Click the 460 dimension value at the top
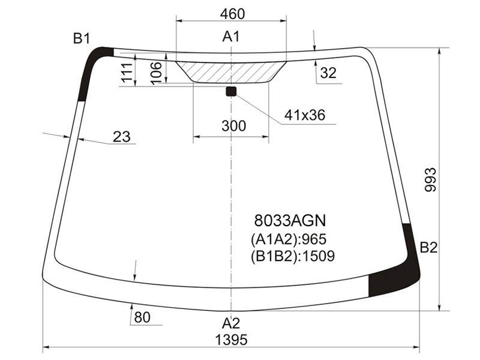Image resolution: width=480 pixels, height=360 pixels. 232,14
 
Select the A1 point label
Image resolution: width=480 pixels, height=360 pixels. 231,37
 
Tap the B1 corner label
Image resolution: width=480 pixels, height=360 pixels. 82,39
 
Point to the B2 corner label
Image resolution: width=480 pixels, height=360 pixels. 428,247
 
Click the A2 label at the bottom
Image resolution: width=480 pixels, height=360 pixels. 231,323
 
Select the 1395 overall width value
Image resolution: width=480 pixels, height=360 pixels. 231,340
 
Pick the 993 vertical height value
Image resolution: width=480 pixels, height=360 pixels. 430,179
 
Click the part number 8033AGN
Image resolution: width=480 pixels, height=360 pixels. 290,220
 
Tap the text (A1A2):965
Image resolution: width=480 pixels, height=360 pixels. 289,239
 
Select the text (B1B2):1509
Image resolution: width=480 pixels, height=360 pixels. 293,256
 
